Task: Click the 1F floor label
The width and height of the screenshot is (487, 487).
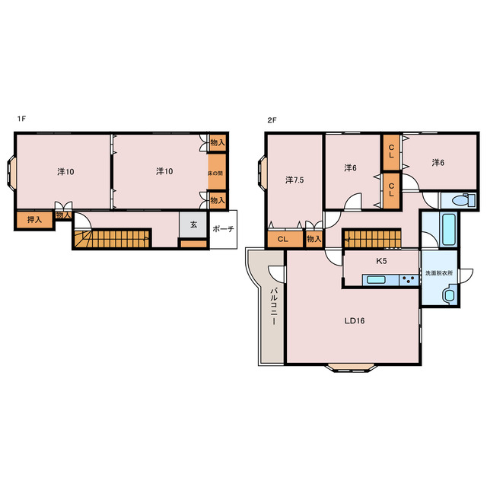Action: [21, 119]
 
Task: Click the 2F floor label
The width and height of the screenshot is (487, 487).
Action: [272, 120]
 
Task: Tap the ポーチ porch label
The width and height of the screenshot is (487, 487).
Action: [223, 229]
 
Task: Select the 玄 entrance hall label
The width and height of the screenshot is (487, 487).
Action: [193, 224]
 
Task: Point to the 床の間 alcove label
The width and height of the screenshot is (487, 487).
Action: [215, 173]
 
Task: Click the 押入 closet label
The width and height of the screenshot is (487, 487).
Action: [34, 220]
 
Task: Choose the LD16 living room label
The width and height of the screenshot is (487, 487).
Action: [355, 321]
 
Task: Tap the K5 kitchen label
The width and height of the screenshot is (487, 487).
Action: [381, 261]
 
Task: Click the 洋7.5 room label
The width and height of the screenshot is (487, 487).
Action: [294, 180]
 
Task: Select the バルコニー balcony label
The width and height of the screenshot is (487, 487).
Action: [274, 306]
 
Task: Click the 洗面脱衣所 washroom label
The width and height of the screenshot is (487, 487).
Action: [439, 273]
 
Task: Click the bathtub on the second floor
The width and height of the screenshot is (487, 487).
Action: [449, 230]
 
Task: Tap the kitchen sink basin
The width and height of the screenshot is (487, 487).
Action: [376, 280]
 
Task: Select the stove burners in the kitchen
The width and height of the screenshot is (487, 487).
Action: [409, 280]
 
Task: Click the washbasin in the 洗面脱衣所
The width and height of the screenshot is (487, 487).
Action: [448, 294]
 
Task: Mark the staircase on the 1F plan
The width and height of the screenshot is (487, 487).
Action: [113, 238]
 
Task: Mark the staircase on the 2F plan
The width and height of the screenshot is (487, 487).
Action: [372, 238]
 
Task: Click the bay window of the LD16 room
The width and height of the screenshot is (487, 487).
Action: [352, 368]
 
